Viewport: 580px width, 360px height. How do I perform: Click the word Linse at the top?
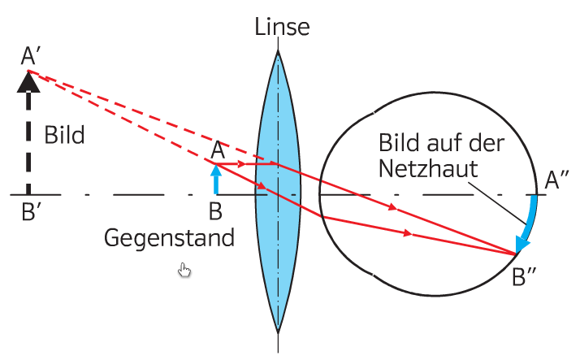point(282,26)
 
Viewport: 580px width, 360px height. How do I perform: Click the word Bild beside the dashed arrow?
point(64,135)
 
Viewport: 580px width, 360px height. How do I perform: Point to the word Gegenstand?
point(169,238)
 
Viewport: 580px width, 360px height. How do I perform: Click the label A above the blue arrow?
point(217,150)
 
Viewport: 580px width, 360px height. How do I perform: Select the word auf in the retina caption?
point(447,145)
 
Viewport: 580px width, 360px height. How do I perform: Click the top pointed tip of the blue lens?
point(278,54)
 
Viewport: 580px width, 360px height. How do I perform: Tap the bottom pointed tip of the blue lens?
point(278,332)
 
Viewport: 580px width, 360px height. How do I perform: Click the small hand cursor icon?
point(184,270)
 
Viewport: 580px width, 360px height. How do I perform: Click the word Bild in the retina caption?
point(399,145)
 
